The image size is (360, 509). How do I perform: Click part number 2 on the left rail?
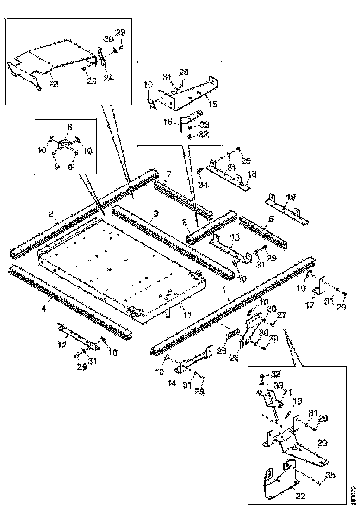click(52, 214)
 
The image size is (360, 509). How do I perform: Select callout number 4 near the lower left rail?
click(44, 308)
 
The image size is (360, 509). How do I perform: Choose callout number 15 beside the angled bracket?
click(213, 104)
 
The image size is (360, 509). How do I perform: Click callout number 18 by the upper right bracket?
click(252, 174)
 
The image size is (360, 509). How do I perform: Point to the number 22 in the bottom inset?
click(300, 496)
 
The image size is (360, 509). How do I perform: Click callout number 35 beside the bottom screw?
click(330, 474)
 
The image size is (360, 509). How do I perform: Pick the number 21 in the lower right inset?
click(288, 392)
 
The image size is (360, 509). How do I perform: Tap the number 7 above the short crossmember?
click(169, 174)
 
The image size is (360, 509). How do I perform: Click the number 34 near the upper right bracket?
click(203, 186)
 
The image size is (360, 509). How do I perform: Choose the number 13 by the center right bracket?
click(235, 237)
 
